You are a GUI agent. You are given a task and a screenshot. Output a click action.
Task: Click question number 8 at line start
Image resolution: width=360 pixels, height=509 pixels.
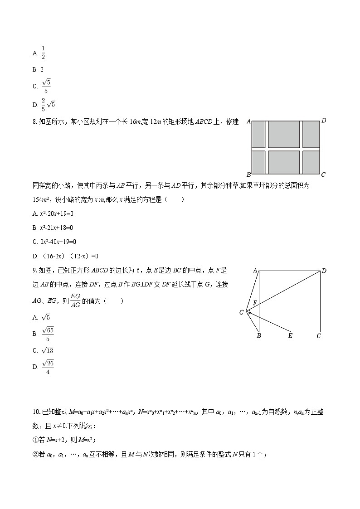pos(35,121)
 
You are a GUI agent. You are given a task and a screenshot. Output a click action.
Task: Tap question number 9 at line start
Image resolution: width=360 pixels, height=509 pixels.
pos(35,271)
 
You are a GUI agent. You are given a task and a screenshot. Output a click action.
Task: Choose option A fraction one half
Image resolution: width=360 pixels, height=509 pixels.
pos(43,53)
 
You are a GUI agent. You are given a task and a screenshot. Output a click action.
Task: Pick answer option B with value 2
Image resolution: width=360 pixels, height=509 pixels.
pos(41,69)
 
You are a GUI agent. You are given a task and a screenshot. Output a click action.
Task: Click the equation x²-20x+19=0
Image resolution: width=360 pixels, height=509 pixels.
pos(57,213)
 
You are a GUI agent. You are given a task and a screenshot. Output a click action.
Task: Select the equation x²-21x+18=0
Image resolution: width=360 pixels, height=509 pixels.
pos(57,227)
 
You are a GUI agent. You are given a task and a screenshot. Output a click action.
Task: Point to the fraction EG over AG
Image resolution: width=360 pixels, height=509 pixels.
pos(75,301)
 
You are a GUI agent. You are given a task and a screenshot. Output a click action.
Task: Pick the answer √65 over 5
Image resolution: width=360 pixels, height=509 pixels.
pos(47,334)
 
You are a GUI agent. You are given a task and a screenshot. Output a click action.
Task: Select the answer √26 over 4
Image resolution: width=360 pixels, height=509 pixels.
pos(47,367)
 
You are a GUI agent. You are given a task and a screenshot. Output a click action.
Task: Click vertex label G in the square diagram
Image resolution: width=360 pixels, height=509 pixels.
pos(242,312)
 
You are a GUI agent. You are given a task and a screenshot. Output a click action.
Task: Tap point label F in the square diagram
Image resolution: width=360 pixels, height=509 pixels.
pos(255,302)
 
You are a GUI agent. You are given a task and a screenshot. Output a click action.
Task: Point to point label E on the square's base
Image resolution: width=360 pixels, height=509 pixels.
pos(290,336)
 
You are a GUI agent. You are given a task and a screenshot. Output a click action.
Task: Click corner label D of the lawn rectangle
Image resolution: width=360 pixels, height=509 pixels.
pos(324,121)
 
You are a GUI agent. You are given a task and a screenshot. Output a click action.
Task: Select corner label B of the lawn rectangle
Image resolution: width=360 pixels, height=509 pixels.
pos(248,175)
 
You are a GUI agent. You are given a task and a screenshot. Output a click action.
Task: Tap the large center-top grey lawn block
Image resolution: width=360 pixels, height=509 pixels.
pos(283,134)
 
